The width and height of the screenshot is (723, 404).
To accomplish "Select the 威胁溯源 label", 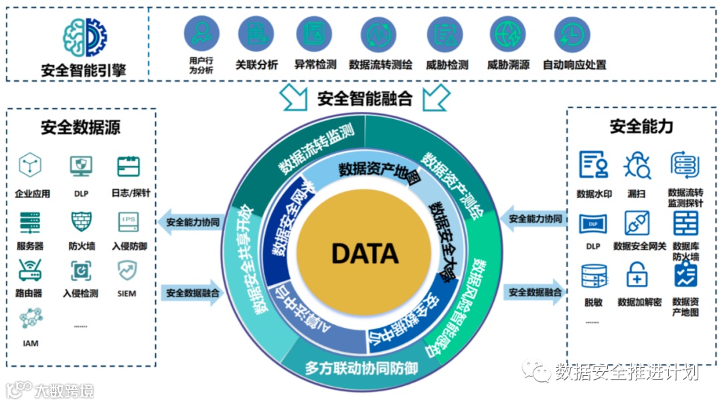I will pyautogui.click(x=508, y=66).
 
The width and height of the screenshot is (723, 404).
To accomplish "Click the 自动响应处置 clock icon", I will pyautogui.click(x=572, y=34).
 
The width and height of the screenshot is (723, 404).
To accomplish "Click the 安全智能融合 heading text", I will pyautogui.click(x=364, y=99).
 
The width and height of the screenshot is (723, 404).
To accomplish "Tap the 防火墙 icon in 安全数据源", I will pyautogui.click(x=82, y=221).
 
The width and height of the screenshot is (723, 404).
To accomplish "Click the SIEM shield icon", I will pyautogui.click(x=127, y=270).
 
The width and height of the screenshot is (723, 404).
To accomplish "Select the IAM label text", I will pyautogui.click(x=31, y=343).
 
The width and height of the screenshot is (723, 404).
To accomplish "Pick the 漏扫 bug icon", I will pyautogui.click(x=637, y=165).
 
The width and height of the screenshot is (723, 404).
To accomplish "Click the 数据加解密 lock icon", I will pyautogui.click(x=637, y=275).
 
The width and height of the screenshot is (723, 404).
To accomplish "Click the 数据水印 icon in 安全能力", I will pyautogui.click(x=594, y=165).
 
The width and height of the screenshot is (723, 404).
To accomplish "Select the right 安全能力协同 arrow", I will pyautogui.click(x=534, y=219).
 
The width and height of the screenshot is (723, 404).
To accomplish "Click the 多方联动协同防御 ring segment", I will pyautogui.click(x=361, y=367).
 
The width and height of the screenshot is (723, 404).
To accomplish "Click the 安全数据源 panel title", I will pyautogui.click(x=81, y=127).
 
